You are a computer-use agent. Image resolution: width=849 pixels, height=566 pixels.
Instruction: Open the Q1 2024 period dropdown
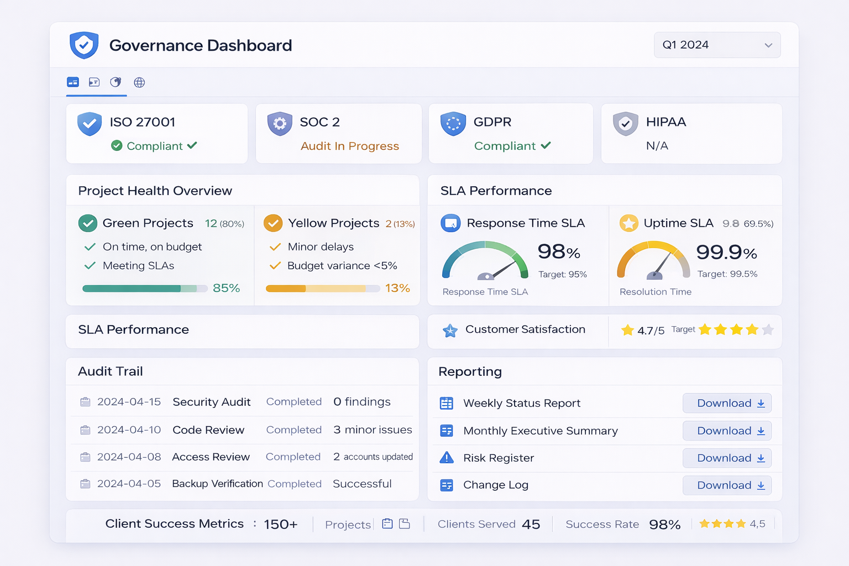pyautogui.click(x=717, y=45)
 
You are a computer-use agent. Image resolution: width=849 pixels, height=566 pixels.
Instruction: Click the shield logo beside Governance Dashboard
pyautogui.click(x=84, y=45)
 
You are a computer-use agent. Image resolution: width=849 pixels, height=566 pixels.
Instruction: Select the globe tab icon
pyautogui.click(x=139, y=82)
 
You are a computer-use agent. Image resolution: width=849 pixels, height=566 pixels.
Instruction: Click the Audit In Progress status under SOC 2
pyautogui.click(x=349, y=146)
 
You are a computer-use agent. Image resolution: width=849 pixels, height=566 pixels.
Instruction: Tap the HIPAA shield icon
pyautogui.click(x=625, y=123)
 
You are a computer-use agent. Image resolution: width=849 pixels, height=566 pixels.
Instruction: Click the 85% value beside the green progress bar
pyautogui.click(x=226, y=288)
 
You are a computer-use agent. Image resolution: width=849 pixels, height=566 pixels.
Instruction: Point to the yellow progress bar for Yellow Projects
pyautogui.click(x=322, y=289)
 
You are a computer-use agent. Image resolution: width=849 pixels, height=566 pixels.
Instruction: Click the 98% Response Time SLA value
pyautogui.click(x=558, y=252)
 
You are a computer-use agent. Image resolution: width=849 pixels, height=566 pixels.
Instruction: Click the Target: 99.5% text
pyautogui.click(x=727, y=274)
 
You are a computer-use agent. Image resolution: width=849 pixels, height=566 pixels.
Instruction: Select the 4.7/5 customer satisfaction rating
pyautogui.click(x=650, y=331)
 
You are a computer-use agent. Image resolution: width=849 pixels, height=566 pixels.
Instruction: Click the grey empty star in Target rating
pyautogui.click(x=767, y=330)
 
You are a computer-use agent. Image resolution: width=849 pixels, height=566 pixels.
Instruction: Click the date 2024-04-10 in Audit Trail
pyautogui.click(x=129, y=430)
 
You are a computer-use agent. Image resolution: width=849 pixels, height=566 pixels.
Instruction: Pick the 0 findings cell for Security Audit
pyautogui.click(x=361, y=402)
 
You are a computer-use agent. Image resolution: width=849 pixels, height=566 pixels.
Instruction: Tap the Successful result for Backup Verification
pyautogui.click(x=362, y=484)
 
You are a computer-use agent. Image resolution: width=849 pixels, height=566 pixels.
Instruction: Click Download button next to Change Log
pyautogui.click(x=727, y=485)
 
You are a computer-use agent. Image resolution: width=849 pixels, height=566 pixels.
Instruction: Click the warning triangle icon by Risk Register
pyautogui.click(x=447, y=458)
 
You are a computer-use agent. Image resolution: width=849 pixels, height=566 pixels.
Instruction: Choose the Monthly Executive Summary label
pyautogui.click(x=540, y=431)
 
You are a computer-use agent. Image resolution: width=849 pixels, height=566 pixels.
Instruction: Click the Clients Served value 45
pyautogui.click(x=531, y=524)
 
